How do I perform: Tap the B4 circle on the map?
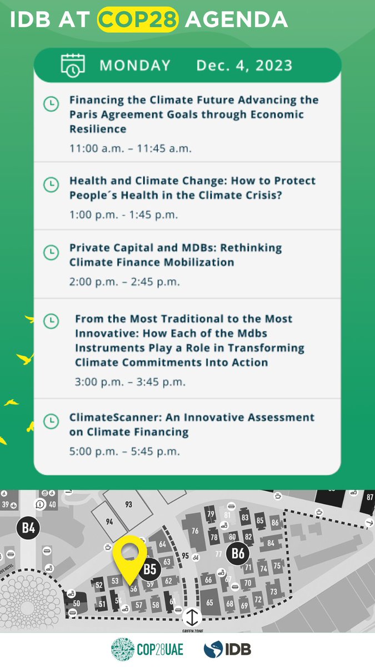28,528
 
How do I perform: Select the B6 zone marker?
238,554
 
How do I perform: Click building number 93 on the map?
129,505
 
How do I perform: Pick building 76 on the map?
195,531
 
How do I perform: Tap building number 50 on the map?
77,603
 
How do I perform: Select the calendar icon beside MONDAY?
72,65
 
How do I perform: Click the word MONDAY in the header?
135,66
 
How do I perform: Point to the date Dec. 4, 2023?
244,66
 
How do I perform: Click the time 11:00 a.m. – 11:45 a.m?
130,148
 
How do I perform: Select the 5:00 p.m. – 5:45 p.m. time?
124,451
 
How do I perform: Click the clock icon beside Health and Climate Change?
51,183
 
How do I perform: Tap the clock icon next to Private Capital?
51,252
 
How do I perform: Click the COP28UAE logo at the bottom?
147,649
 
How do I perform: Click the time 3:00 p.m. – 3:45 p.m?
130,382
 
